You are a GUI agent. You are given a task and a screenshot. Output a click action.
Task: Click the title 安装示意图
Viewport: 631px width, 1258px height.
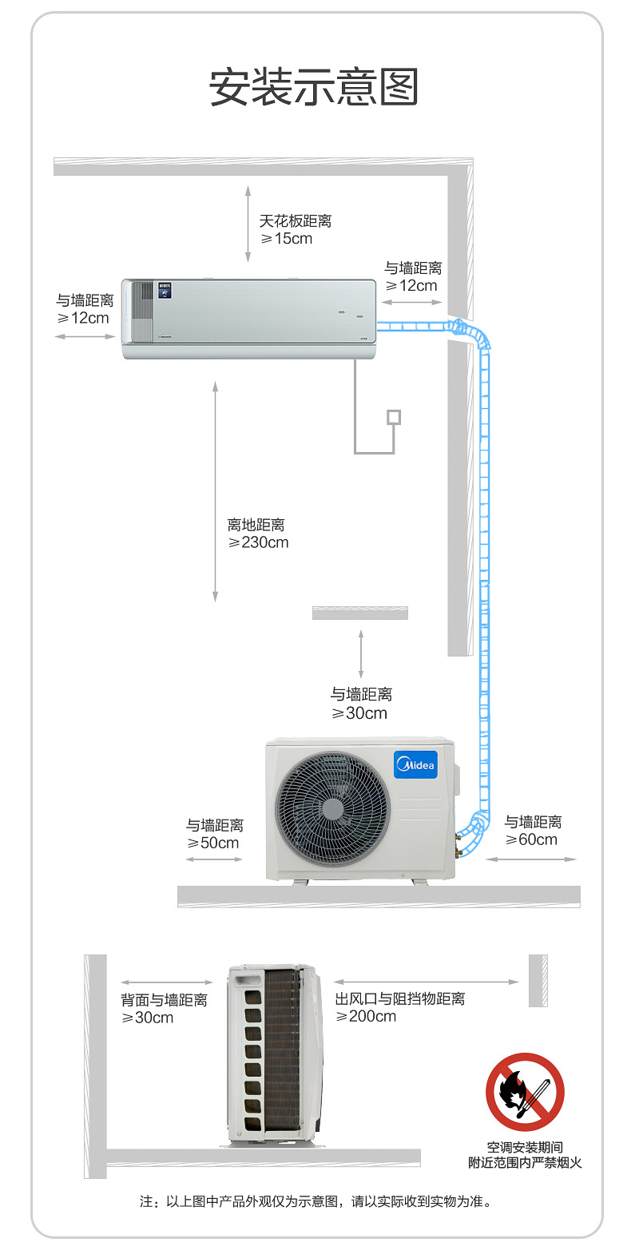coord(314,87)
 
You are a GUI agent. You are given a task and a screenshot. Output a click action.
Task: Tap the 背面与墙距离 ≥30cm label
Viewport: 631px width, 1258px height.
coord(164,1009)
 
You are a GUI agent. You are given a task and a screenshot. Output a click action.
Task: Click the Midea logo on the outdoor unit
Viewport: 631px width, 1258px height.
coord(415,765)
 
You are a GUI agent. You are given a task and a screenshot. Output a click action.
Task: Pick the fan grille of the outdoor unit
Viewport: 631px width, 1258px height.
coord(332,808)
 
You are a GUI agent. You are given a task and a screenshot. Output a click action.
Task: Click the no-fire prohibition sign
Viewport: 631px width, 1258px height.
coord(525,1092)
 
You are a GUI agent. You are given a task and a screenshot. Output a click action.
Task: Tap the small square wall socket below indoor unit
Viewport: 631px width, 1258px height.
coord(393,417)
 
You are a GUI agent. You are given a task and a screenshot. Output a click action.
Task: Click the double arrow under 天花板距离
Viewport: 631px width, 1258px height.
coord(248,224)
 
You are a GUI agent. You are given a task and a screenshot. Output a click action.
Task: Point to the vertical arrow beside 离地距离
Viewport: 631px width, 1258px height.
coord(215,491)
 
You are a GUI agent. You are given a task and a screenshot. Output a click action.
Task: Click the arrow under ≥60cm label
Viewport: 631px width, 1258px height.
coord(530,859)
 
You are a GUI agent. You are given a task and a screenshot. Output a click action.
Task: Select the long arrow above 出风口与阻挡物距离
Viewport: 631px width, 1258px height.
coord(427,982)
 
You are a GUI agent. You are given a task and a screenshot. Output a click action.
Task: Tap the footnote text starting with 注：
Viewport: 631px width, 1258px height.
coord(315,1201)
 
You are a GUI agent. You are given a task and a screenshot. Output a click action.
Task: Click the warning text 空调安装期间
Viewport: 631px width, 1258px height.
coord(525,1148)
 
